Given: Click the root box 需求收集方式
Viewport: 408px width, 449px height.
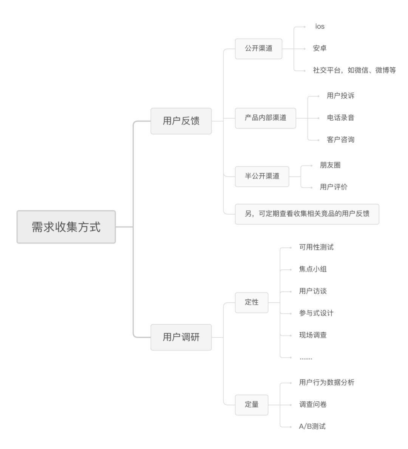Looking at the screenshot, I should [x=66, y=227].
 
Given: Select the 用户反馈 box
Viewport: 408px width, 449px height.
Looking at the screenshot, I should [x=181, y=121].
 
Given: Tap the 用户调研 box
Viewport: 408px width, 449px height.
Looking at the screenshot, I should [x=181, y=337].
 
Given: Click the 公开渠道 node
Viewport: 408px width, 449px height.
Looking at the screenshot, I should [x=258, y=49].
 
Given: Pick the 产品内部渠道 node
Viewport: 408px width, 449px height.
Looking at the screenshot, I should [x=265, y=118].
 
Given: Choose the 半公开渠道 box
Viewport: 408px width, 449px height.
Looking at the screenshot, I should [x=262, y=176].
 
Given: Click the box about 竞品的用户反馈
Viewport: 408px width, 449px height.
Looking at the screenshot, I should [x=307, y=214].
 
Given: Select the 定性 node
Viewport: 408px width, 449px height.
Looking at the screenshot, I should [x=252, y=302].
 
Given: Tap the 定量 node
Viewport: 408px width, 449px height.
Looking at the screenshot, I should [x=252, y=404].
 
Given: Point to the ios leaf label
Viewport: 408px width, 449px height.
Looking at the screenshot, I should [x=320, y=26].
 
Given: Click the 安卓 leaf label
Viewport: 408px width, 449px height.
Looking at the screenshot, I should [x=320, y=48].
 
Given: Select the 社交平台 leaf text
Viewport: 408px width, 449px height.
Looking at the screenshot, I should [x=354, y=70].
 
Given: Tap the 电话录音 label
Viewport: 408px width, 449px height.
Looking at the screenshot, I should [x=340, y=118].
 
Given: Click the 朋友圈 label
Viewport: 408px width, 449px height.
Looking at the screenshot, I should [x=330, y=165].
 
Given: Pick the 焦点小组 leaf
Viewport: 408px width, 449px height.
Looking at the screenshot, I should [x=313, y=269].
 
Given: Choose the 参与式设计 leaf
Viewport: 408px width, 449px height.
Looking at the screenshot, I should [x=316, y=313].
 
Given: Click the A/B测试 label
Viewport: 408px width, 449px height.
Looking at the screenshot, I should [x=312, y=426].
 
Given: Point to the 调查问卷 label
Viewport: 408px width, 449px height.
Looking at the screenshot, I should [x=313, y=404].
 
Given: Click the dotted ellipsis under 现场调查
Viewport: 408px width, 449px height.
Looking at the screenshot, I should [x=306, y=358].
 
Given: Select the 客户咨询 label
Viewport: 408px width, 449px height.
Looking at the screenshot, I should [x=340, y=139].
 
